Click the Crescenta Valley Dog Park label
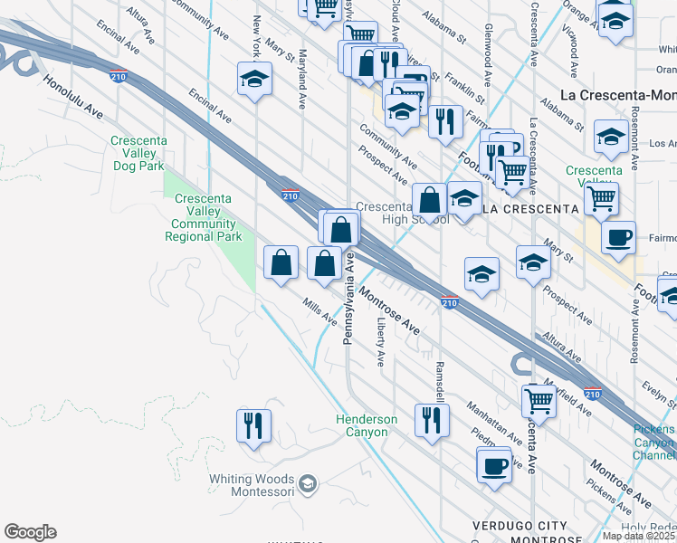pos(137,153)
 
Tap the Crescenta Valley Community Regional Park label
pos(204,217)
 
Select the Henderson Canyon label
pos(367,425)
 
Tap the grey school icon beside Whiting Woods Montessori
pos(308,484)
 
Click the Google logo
pos(30,532)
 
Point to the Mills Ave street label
pos(320,312)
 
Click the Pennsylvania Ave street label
pos(348,299)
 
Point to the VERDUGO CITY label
pos(520,526)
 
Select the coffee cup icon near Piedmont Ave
pos(494,464)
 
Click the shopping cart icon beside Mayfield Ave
pos(539,399)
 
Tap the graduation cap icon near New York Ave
pos(254,79)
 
